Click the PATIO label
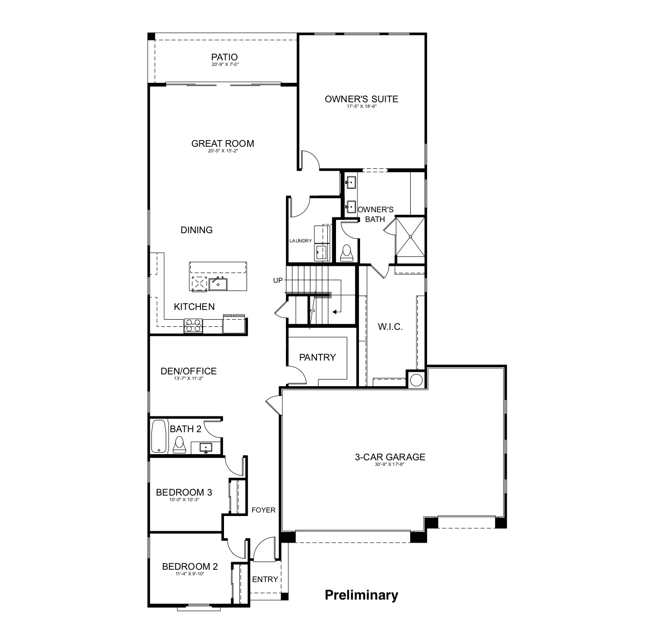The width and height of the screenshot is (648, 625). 225,57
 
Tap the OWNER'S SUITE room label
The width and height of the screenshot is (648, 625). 361,99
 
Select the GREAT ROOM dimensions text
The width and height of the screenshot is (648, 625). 223,151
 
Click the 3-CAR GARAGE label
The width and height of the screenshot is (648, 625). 390,457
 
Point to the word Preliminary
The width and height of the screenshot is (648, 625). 362,595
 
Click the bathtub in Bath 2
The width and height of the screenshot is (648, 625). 159,436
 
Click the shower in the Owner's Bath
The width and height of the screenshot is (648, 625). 410,236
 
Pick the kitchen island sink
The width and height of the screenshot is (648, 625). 218,283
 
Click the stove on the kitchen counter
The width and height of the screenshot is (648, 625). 193,325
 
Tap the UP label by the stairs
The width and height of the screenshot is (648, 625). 278,280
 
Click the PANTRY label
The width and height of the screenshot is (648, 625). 317,358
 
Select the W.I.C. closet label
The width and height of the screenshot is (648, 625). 390,327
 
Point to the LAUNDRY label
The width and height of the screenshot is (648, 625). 300,241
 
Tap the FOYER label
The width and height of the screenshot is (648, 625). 263,510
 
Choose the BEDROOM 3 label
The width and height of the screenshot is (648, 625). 184,493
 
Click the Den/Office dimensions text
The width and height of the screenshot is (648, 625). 189,379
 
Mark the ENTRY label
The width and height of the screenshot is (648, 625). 265,579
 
